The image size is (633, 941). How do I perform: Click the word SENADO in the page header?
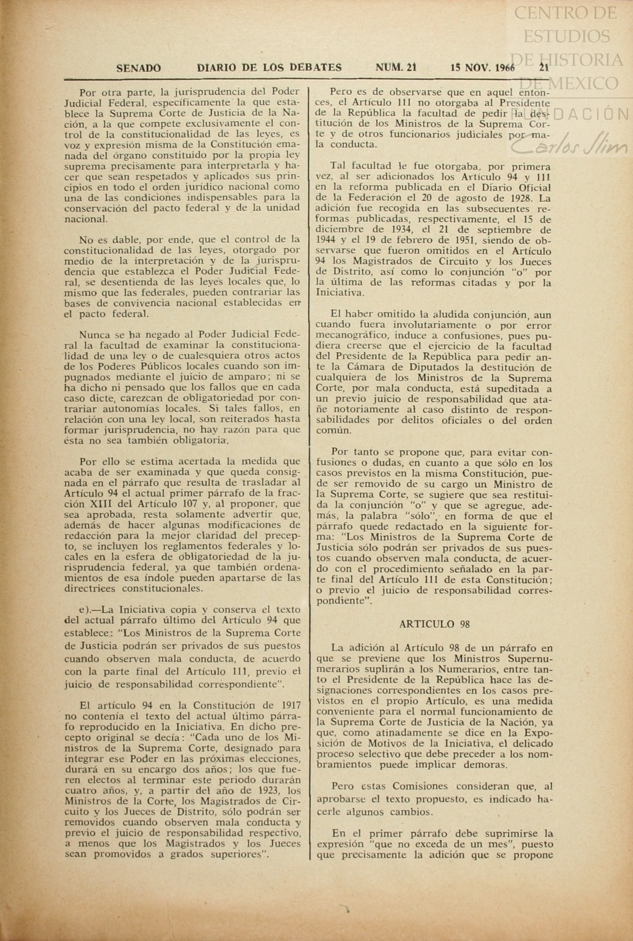point(138,67)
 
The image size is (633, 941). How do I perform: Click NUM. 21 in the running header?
point(396,67)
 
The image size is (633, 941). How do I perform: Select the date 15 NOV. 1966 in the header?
point(482,67)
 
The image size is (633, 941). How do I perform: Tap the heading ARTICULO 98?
point(434,624)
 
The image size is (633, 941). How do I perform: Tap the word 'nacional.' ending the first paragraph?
point(86,219)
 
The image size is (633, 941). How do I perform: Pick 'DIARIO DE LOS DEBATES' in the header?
point(269,67)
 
